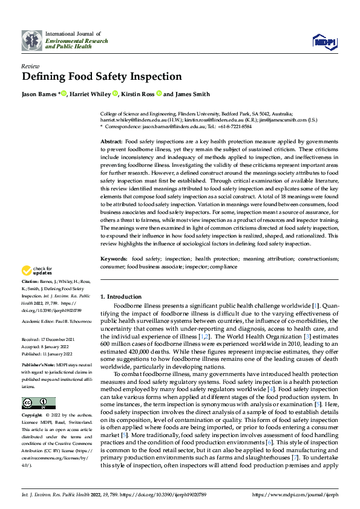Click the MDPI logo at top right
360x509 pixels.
click(x=324, y=41)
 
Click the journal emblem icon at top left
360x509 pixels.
click(x=31, y=40)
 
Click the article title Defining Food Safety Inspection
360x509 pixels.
click(x=102, y=77)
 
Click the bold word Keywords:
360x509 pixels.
click(x=114, y=259)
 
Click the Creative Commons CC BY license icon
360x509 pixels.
click(x=38, y=403)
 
